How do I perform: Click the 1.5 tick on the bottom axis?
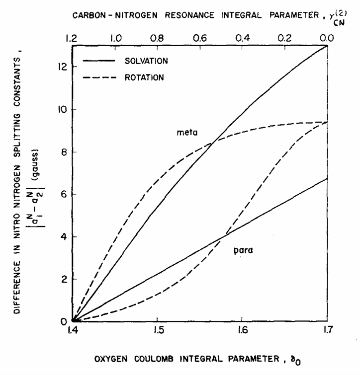[157, 331]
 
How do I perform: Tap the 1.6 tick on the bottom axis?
[242, 331]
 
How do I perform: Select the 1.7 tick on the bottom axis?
[326, 331]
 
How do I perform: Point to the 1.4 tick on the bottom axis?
[73, 331]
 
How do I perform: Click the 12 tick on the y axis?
[63, 67]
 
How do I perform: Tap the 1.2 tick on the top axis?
[73, 37]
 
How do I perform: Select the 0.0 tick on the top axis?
[326, 37]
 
